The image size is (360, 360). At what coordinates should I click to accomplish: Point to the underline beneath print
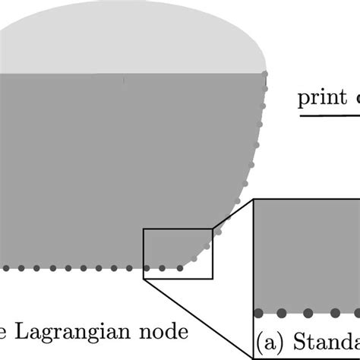point(328,118)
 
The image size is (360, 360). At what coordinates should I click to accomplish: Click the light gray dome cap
point(137,38)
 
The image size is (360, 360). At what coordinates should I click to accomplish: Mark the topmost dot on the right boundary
point(266,74)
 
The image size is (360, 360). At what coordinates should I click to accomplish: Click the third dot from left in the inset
point(308,313)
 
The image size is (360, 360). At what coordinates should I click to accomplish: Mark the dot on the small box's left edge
point(144,267)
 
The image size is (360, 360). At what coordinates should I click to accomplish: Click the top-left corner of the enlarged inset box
point(254,200)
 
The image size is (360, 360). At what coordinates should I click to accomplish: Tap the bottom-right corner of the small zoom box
point(213,278)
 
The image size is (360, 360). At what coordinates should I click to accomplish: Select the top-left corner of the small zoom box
point(143,227)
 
